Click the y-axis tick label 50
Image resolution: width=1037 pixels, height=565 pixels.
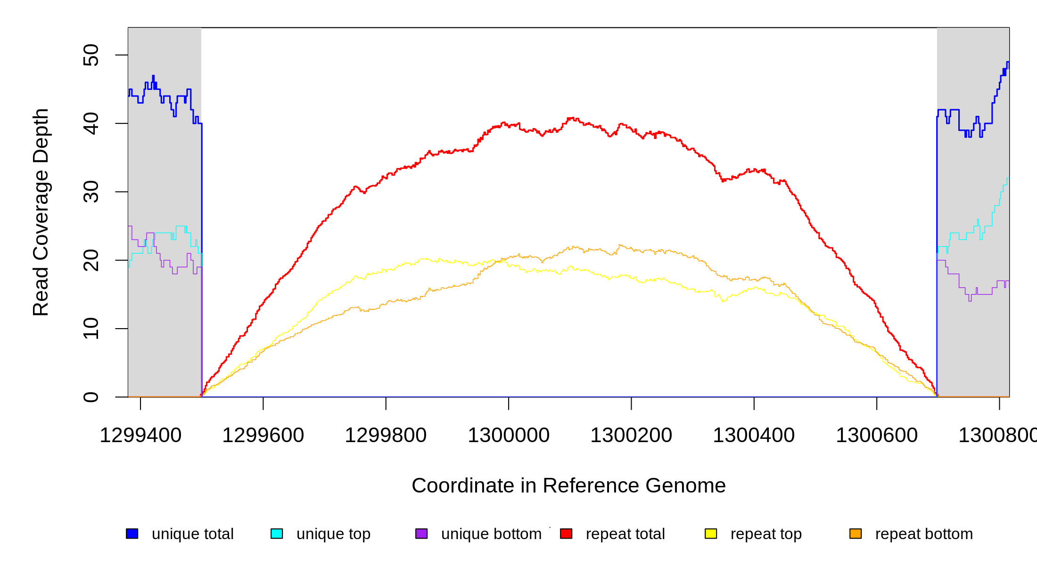click(91, 55)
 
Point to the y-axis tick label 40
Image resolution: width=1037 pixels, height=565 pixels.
click(91, 123)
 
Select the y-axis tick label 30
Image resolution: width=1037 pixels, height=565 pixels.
click(91, 192)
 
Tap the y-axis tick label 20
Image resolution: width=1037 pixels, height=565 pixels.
click(91, 260)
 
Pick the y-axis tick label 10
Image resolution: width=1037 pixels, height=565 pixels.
click(91, 329)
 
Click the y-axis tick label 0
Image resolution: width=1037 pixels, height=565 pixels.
click(91, 397)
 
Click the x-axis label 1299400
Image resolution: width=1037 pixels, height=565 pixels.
click(140, 436)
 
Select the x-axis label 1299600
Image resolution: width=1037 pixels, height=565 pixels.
click(263, 436)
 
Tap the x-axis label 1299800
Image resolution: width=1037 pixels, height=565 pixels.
click(386, 436)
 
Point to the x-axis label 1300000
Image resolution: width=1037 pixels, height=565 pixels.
click(509, 436)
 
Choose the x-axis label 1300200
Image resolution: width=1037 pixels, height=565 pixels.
click(631, 436)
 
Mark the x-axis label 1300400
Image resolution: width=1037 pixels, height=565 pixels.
click(754, 436)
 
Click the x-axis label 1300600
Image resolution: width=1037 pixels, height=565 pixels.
click(877, 436)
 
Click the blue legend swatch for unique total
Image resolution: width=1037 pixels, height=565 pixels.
click(132, 533)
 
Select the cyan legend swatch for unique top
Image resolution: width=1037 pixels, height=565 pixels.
click(277, 533)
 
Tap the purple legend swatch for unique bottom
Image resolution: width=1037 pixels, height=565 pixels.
click(421, 533)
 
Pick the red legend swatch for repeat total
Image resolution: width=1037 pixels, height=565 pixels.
click(566, 533)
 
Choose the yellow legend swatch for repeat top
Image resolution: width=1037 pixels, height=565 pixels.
click(711, 533)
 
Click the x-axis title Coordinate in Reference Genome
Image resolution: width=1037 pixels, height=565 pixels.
click(568, 486)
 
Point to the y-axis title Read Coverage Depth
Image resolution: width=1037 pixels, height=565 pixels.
click(41, 212)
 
